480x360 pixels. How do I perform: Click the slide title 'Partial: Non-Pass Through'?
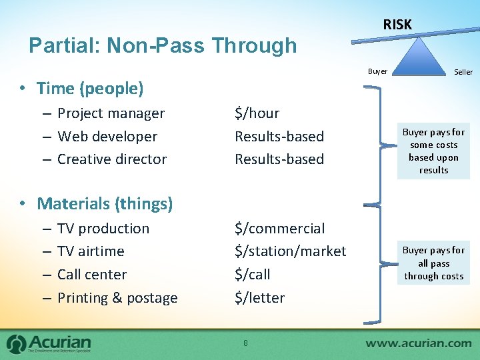[163, 45]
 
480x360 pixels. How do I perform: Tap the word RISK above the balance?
[397, 25]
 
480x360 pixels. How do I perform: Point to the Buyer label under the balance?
[377, 71]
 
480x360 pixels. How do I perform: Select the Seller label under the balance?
[463, 72]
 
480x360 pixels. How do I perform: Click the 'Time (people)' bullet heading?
[90, 88]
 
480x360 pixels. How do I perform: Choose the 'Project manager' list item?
[111, 113]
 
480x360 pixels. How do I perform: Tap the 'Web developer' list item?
[107, 136]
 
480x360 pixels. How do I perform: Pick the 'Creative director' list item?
[112, 159]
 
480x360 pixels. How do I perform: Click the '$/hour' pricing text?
[257, 113]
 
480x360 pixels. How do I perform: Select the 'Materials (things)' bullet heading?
[105, 203]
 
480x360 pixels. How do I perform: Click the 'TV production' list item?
[103, 228]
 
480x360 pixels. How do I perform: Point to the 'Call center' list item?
[92, 274]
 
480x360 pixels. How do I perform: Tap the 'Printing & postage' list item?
[117, 297]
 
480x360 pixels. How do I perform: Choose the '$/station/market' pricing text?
[290, 251]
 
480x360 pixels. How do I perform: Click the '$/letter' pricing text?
[259, 297]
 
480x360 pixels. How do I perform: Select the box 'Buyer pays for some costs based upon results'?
[433, 151]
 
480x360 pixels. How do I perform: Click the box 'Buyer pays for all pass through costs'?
[433, 263]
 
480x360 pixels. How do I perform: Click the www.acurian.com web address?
[418, 343]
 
